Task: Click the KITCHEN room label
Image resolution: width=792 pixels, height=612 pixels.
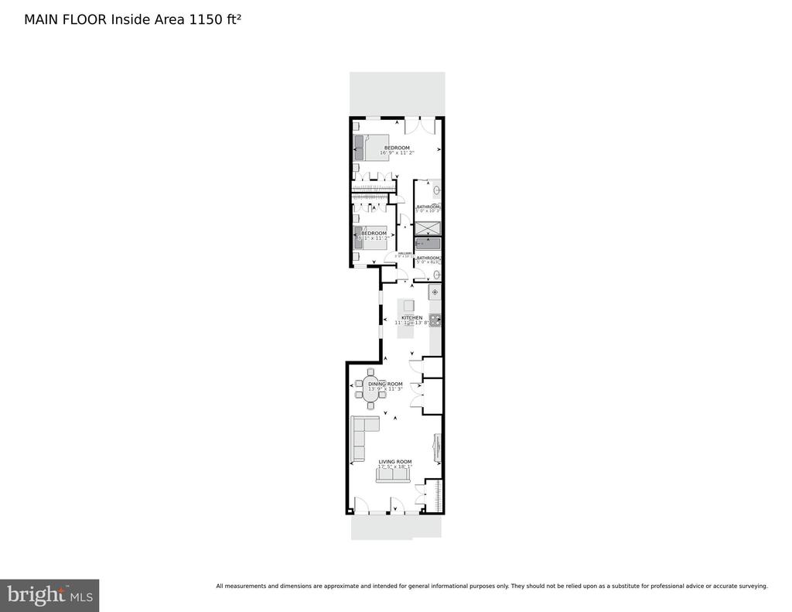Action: point(411,318)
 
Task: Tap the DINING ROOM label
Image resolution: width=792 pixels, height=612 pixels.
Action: point(385,384)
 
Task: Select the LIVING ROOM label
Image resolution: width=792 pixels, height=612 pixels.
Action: point(394,462)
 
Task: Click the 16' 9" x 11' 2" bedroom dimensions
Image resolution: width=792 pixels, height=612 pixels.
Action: point(396,153)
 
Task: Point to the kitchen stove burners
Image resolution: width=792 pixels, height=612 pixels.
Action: point(435,318)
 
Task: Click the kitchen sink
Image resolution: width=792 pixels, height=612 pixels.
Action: point(435,292)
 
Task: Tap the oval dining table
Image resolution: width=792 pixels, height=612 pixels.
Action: point(371,393)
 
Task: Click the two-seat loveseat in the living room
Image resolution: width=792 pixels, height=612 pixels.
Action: point(394,476)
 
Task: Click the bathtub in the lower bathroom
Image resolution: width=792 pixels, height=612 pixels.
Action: point(428,244)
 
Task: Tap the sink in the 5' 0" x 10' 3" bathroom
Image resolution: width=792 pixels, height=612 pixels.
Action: point(436,190)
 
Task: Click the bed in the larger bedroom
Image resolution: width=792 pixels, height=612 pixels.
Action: point(372,147)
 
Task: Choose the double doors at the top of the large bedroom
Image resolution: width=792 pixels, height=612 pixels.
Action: point(420,124)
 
